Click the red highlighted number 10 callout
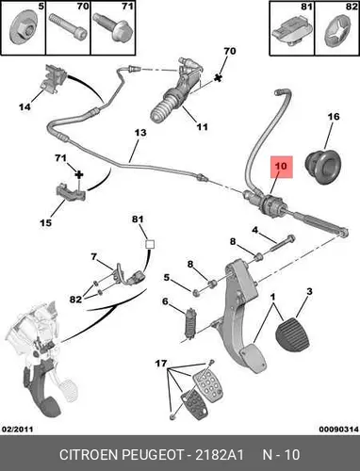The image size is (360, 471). click(x=281, y=167)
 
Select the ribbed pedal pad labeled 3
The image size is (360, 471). click(x=293, y=336)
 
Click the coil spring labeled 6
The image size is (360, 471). click(x=191, y=324)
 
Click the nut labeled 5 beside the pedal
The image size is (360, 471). click(x=196, y=293)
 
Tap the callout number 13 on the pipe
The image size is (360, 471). click(x=140, y=133)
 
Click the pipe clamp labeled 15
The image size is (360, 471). click(x=71, y=192)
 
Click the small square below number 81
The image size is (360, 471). click(x=150, y=245)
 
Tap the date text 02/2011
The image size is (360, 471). click(x=18, y=430)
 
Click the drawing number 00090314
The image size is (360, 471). click(x=339, y=430)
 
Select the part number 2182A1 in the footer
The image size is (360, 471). click(x=220, y=455)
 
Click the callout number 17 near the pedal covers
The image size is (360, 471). click(x=161, y=364)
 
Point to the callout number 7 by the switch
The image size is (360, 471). click(x=93, y=257)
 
